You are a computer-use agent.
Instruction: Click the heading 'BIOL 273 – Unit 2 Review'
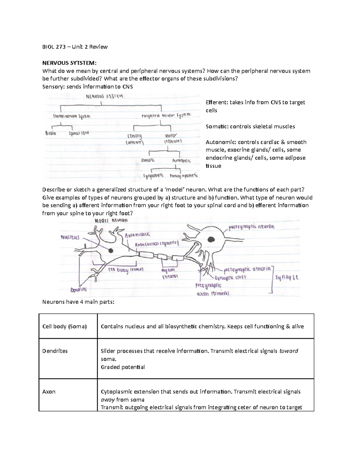[75, 47]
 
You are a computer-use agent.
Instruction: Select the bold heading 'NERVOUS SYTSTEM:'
[69, 63]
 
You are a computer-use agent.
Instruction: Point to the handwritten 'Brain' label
[51, 133]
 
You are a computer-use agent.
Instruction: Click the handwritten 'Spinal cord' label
[79, 133]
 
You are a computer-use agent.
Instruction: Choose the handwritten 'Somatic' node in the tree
[148, 160]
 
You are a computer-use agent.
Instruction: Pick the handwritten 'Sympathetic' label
[153, 175]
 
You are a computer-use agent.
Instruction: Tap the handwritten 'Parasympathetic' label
[184, 176]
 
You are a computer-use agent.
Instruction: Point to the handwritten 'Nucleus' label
[70, 237]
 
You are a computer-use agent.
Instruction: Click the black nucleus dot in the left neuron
[111, 250]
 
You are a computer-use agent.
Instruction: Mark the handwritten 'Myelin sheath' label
[169, 273]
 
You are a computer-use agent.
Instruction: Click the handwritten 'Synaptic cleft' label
[230, 278]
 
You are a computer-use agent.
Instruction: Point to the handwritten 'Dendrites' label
[78, 290]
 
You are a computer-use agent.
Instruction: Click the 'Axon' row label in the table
[49, 392]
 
